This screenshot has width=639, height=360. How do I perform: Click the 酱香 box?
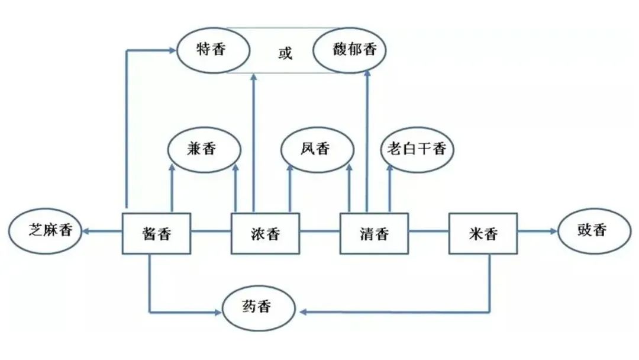click(x=157, y=233)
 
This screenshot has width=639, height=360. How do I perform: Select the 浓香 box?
click(x=264, y=233)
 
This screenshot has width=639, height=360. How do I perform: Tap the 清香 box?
click(x=374, y=233)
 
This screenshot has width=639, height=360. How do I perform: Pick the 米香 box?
click(x=483, y=233)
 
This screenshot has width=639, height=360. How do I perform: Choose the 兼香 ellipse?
click(x=204, y=150)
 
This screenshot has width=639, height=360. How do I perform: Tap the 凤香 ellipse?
click(x=314, y=150)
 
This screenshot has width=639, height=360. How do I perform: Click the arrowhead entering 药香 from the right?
click(x=301, y=311)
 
